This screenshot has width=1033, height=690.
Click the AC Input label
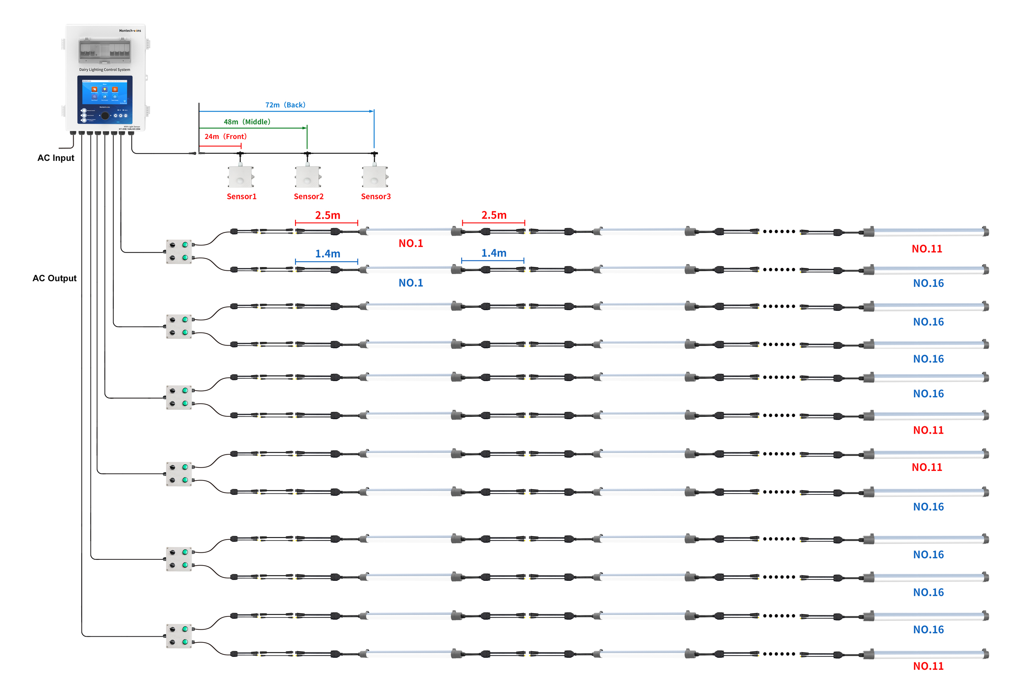(56, 158)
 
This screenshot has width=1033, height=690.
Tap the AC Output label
(55, 278)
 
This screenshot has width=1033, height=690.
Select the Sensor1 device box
(240, 177)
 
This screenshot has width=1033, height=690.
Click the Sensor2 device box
(308, 177)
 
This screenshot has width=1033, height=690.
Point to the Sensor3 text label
(376, 197)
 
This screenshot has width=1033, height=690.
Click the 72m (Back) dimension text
(285, 105)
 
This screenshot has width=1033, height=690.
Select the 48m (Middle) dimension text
(247, 122)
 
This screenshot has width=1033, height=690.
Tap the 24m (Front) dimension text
(225, 136)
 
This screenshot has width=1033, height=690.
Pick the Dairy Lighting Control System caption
(105, 69)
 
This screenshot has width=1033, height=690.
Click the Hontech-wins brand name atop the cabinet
(130, 31)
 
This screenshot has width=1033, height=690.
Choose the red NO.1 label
(410, 244)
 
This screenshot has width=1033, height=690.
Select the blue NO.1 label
(410, 283)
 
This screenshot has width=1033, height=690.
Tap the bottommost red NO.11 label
(928, 666)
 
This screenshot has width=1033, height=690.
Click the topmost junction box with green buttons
(179, 252)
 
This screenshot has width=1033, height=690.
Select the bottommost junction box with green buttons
(179, 636)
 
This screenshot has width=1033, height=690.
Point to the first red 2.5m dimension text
(327, 215)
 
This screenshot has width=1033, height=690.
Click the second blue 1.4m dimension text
(493, 253)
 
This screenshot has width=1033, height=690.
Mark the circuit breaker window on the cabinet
(105, 50)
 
